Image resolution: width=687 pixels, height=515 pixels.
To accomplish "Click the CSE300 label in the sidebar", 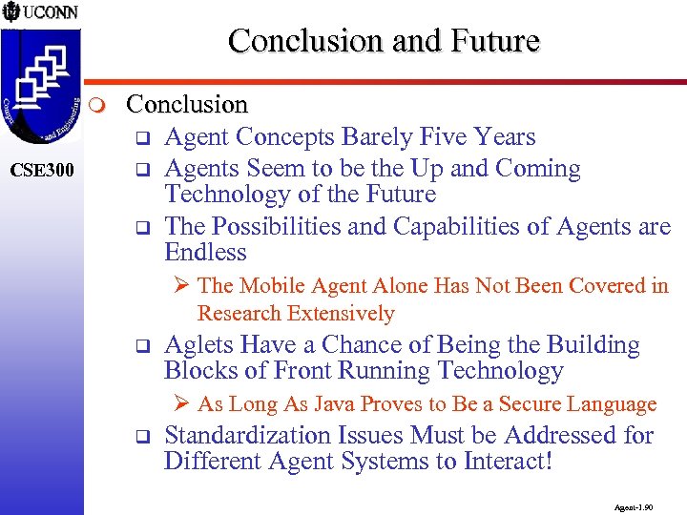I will point(41,172).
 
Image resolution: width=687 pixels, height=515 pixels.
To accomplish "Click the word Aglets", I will point(198,344).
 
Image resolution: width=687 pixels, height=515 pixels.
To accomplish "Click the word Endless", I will point(205,253).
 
